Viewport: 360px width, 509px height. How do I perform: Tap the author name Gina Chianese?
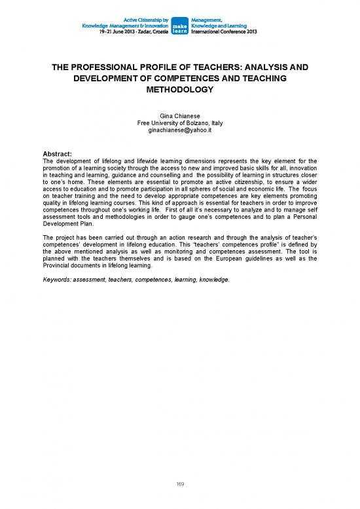coord(180,116)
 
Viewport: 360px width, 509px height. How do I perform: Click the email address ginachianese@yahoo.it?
coord(180,130)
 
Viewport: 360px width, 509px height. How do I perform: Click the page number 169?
coord(180,483)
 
